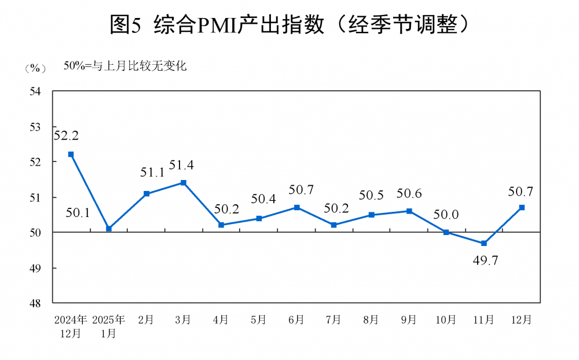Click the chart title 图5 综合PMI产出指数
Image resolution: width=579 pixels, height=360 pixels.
point(289,24)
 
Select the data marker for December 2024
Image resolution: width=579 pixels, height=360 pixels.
point(71,155)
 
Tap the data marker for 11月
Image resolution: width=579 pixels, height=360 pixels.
point(484,243)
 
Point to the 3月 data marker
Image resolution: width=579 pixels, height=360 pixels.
point(184,183)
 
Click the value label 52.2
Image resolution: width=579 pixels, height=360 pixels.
point(66,136)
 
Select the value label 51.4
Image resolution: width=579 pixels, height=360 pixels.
point(181,165)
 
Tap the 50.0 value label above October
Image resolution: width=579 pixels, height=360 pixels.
point(446,215)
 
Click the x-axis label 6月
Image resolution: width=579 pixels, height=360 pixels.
point(296,320)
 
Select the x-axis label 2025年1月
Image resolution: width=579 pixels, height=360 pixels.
point(108,326)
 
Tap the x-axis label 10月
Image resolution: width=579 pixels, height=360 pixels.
point(446,320)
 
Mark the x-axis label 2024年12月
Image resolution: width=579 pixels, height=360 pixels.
point(71,326)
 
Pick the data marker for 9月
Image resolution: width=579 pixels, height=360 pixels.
point(409,211)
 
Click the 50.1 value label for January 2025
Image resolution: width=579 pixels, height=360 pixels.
point(78,213)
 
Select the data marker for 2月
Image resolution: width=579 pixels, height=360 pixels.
point(146,194)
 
